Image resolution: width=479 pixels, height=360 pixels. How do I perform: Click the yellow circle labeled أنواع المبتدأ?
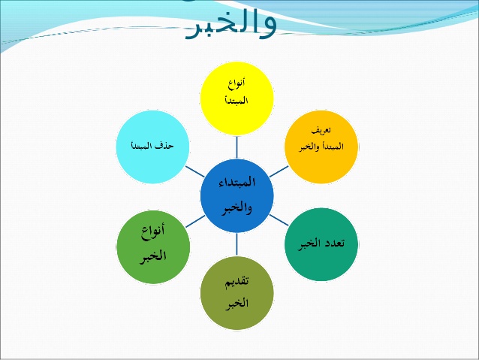coord(236,98)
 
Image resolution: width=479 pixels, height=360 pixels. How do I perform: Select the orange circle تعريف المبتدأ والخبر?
coord(322,147)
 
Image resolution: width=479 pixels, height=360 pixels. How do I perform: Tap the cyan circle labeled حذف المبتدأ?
coord(152,147)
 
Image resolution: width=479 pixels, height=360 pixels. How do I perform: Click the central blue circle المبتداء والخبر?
coord(236,195)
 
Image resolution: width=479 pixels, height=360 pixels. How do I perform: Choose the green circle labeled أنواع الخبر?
coord(152,244)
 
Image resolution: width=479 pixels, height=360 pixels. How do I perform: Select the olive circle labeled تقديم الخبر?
coord(236,293)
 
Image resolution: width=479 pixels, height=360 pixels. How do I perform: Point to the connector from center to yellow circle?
coord(236,147)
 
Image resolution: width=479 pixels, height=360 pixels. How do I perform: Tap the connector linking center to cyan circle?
coord(194,171)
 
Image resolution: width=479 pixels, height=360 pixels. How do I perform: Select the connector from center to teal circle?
coord(279,219)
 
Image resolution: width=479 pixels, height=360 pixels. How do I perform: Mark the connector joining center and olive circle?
coord(236,244)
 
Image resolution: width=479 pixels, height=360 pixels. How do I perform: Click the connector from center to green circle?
coord(194,220)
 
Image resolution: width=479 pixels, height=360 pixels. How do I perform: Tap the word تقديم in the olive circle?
coord(237,283)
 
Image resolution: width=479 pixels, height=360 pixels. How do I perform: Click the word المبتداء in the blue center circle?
coord(236,183)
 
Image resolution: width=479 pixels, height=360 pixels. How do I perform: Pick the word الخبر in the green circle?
coord(152,256)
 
